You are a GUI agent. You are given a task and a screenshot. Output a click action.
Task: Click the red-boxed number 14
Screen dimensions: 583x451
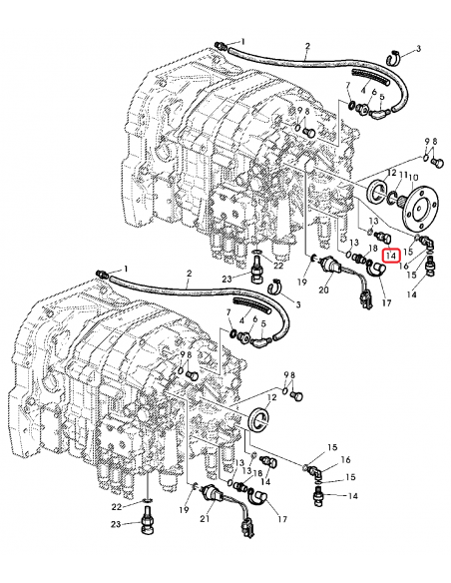(391, 256)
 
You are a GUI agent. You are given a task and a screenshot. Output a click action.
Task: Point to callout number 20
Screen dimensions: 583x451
(322, 291)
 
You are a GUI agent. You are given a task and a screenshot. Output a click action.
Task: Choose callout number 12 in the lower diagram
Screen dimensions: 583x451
(272, 396)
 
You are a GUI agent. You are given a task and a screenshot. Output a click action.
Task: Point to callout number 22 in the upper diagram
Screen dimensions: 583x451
(276, 265)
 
